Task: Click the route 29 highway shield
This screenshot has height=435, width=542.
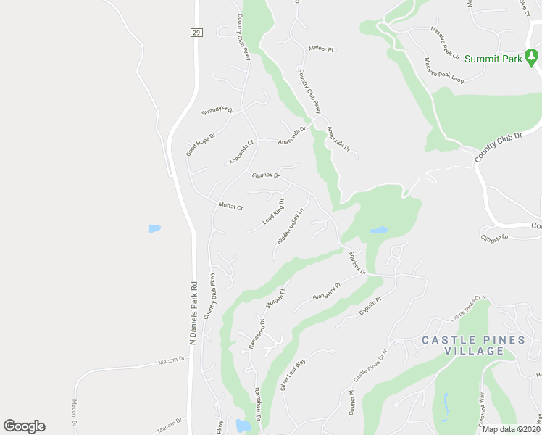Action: [x=196, y=33]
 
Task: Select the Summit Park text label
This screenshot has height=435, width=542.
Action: [x=493, y=59]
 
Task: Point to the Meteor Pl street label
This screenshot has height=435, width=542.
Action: [x=320, y=49]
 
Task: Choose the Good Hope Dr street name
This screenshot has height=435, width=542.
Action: [x=201, y=141]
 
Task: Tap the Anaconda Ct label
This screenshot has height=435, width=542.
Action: [x=242, y=151]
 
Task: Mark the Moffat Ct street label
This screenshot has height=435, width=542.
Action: [x=230, y=206]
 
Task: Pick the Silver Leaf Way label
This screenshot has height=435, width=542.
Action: [x=293, y=376]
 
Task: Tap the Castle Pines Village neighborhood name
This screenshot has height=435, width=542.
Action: [x=463, y=345]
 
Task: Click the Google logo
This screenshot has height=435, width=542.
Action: [x=24, y=426]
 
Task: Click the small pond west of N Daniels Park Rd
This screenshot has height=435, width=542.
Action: [x=154, y=228]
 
